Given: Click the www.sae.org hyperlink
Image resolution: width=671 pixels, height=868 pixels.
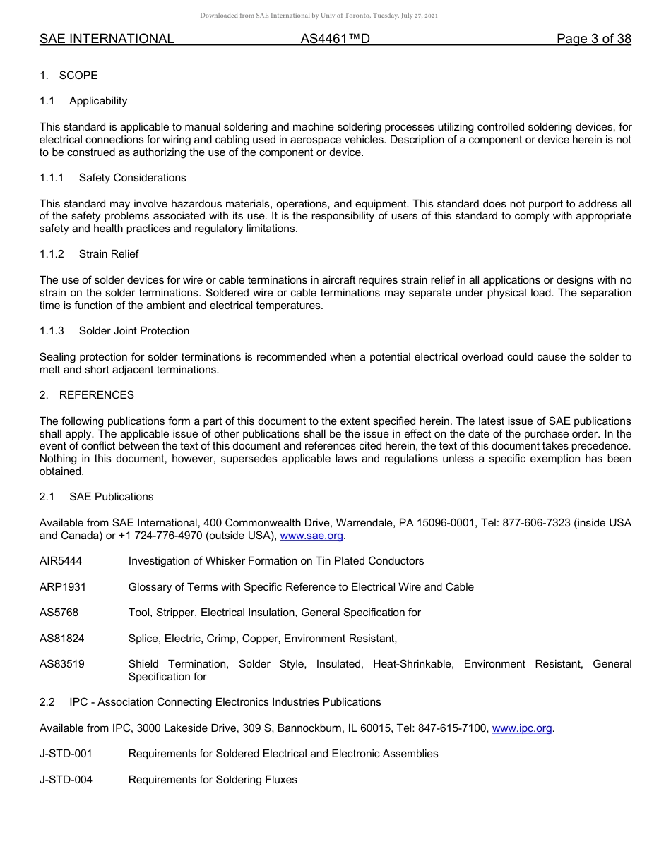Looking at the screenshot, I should coord(311,536).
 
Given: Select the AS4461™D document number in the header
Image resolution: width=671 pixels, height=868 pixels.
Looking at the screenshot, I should coord(335,39).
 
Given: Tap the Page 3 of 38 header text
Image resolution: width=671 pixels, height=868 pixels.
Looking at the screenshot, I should coord(593,39).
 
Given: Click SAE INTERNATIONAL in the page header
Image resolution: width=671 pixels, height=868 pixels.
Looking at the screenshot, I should coord(107,39).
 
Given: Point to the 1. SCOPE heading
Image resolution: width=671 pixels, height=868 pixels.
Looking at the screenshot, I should coord(69,76).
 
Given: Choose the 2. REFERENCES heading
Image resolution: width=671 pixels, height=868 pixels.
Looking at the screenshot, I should coord(87,395).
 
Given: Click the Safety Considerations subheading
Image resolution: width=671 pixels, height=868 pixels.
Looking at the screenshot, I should coord(132,178).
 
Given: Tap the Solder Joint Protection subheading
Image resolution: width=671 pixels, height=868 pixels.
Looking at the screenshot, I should coord(133,331).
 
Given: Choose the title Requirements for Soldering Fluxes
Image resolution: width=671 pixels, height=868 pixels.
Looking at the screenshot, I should coord(213,780).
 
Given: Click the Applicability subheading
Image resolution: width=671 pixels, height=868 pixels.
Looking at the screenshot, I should coord(98,101).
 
